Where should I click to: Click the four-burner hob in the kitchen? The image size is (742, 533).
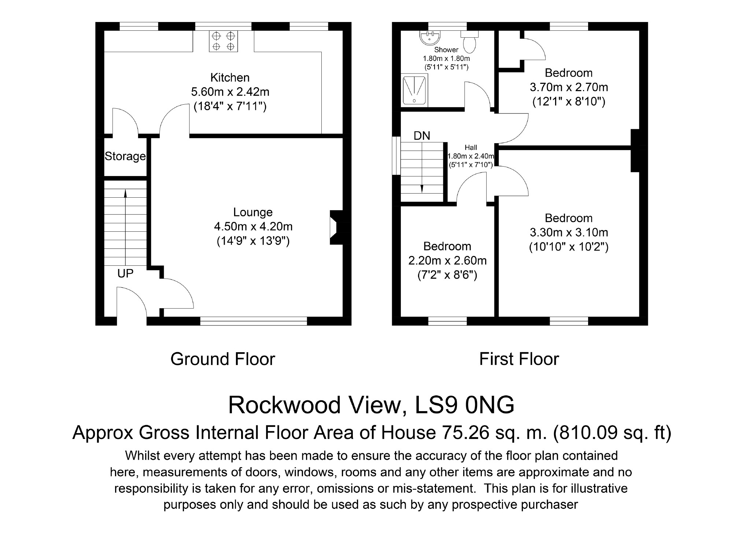[x=223, y=41]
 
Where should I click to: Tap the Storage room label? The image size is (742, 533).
[x=125, y=156]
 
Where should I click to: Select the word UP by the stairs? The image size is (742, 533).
[x=125, y=273]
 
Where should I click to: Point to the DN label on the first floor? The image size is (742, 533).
[x=422, y=136]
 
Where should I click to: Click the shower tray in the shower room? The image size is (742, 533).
[x=414, y=90]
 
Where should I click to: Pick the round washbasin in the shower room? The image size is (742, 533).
[x=430, y=38]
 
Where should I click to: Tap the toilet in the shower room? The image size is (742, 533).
[x=469, y=41]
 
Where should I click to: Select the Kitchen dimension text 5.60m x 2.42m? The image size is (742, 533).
[x=230, y=92]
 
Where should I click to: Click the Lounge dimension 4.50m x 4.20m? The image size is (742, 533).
[x=253, y=227]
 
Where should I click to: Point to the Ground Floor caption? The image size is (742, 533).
[x=223, y=359]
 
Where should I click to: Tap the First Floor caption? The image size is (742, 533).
[x=519, y=359]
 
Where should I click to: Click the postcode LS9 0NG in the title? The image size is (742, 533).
[x=464, y=405]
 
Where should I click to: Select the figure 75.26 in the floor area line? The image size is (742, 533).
[x=466, y=433]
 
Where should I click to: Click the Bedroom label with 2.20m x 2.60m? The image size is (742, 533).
[x=447, y=246]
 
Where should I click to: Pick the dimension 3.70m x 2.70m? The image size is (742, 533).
[x=569, y=87]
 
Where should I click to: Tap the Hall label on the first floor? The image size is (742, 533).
[x=471, y=148]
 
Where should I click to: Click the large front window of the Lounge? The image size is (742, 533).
[x=254, y=321]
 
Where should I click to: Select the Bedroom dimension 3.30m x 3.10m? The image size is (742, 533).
[x=569, y=232]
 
